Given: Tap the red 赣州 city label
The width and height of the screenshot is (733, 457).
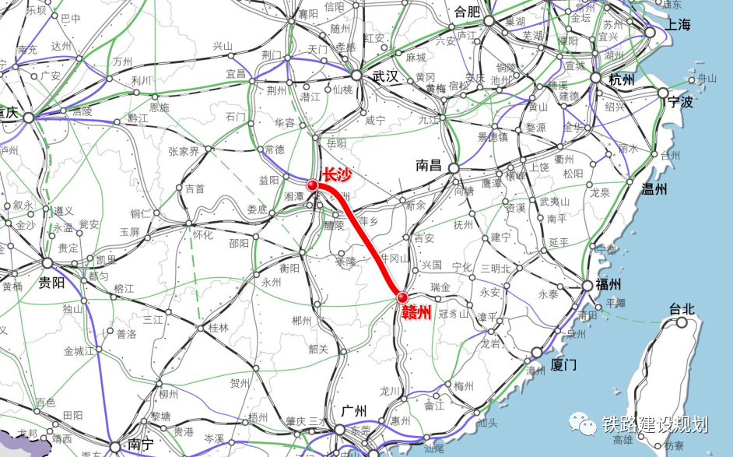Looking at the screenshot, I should pyautogui.click(x=417, y=312).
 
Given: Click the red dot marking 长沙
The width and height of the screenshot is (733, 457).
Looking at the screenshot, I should pyautogui.click(x=312, y=185).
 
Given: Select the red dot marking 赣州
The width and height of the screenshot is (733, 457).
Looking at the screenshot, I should pyautogui.click(x=402, y=297).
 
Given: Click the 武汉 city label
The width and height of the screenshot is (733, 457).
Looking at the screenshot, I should pyautogui.click(x=385, y=77).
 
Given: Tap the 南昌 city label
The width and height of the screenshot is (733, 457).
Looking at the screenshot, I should pyautogui.click(x=429, y=165).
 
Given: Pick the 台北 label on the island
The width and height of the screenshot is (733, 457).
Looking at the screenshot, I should pyautogui.click(x=682, y=308).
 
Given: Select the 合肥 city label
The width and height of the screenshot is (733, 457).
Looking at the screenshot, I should pyautogui.click(x=468, y=12).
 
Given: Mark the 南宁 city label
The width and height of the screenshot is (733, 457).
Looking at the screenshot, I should pyautogui.click(x=141, y=445).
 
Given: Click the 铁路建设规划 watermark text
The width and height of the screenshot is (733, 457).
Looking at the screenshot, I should pyautogui.click(x=654, y=424).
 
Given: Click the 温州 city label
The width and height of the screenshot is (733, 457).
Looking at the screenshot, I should pyautogui.click(x=654, y=188).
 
